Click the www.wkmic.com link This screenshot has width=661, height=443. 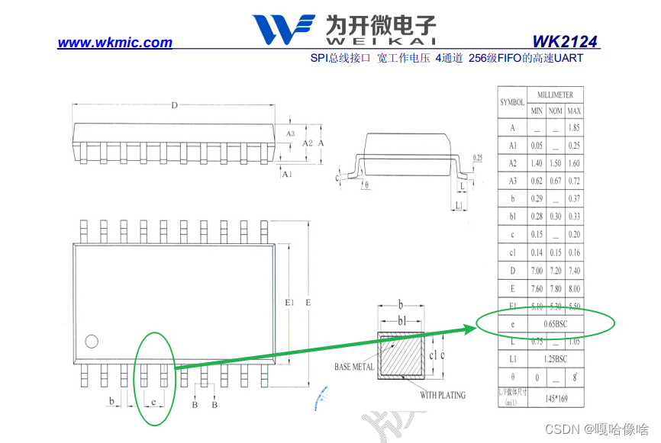[x=114, y=43]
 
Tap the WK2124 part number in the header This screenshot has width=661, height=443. [x=565, y=42]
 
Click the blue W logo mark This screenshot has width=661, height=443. [x=282, y=30]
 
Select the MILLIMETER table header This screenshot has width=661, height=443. [x=555, y=95]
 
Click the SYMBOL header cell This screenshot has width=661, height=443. [x=511, y=102]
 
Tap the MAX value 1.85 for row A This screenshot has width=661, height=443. [x=574, y=128]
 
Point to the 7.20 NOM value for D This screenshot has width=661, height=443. [x=556, y=271]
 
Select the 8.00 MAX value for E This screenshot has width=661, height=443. [x=574, y=288]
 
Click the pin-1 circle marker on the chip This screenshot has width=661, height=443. [x=92, y=341]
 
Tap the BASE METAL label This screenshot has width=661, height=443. [x=354, y=368]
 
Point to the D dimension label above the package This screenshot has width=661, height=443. [x=174, y=105]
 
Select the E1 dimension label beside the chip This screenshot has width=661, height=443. [x=289, y=303]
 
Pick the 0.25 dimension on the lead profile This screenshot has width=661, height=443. [x=478, y=158]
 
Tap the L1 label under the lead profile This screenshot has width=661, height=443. [x=458, y=206]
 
